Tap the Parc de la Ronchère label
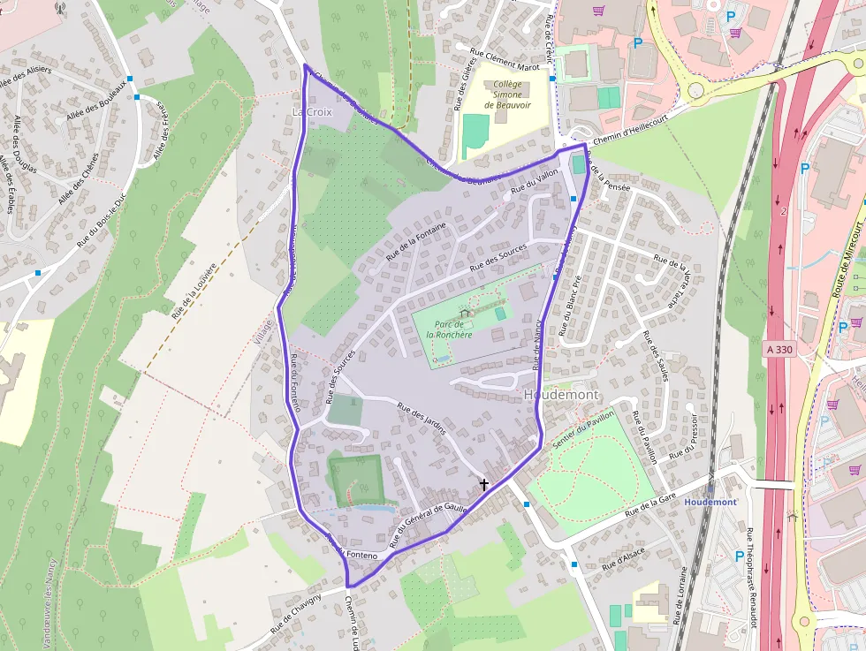coord(449,329)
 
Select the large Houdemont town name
coord(561,394)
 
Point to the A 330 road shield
coord(779,350)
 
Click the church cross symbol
coord(483,484)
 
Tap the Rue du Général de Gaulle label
coord(428,520)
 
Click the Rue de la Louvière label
coord(195,290)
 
